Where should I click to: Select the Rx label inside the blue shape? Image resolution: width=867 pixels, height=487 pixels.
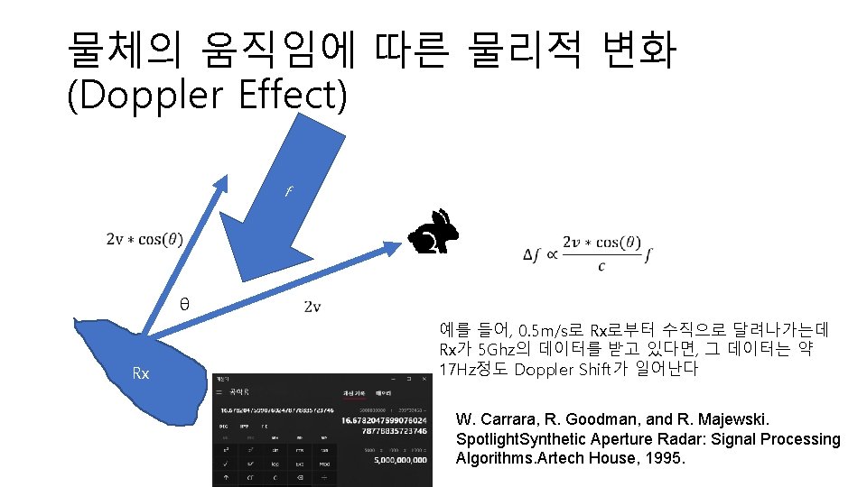click(141, 372)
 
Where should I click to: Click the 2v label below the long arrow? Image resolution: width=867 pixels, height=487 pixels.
click(312, 308)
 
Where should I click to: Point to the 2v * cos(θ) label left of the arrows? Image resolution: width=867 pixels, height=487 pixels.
click(144, 239)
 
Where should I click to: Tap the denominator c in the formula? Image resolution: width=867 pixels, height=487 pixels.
click(601, 267)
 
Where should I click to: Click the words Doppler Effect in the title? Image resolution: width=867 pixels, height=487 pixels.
click(208, 96)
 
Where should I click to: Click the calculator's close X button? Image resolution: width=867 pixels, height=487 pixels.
click(423, 379)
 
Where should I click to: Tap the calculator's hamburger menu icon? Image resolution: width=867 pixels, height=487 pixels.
click(219, 393)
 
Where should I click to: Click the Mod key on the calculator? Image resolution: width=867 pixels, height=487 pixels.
click(323, 465)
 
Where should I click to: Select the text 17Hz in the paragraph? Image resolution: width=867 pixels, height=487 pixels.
click(457, 369)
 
